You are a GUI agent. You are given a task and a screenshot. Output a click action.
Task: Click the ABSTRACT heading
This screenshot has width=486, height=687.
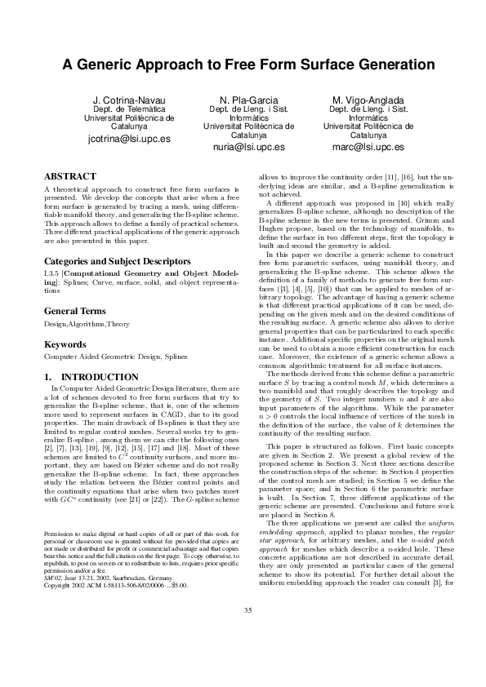click(x=69, y=176)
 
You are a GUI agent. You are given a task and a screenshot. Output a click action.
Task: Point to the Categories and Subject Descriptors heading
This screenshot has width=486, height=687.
click(x=110, y=238)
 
